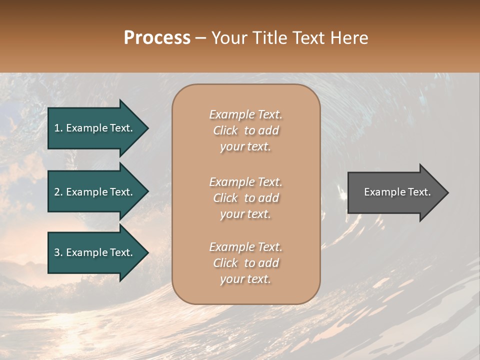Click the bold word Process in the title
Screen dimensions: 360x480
tap(157, 38)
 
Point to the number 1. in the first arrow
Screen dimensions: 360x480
tap(58, 128)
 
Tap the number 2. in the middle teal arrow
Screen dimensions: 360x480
tap(58, 192)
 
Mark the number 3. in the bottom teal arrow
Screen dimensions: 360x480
tap(58, 252)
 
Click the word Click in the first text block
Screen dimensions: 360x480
tap(225, 130)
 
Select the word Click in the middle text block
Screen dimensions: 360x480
tap(225, 198)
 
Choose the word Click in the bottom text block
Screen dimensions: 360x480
tap(225, 263)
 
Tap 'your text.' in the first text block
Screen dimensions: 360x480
tap(245, 147)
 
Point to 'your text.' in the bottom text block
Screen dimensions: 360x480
tap(245, 279)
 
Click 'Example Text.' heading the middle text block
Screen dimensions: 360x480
tap(245, 182)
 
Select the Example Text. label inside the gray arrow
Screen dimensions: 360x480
tap(397, 192)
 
